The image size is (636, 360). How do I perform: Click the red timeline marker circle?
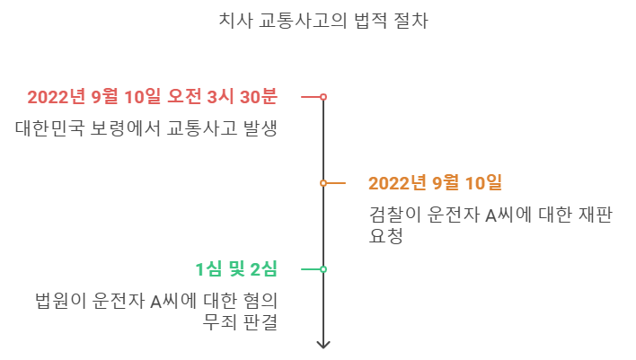(323, 97)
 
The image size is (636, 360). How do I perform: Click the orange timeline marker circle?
(323, 183)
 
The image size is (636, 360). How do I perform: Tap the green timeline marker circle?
(323, 269)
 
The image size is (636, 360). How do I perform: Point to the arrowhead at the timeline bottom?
(323, 344)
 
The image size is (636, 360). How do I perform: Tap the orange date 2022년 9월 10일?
(435, 183)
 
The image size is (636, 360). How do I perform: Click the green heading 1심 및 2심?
(236, 269)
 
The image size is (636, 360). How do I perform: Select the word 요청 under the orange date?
(385, 236)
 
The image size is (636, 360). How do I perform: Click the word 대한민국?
(49, 128)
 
